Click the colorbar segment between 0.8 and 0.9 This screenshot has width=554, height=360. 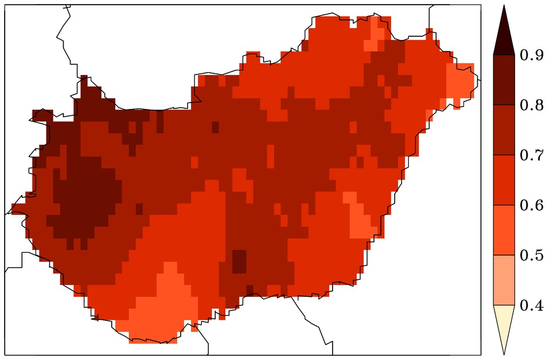(x=504, y=80)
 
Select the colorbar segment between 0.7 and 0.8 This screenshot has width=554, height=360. (x=504, y=130)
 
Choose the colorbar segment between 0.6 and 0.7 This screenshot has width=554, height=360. (x=504, y=180)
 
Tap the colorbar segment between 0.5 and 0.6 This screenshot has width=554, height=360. (x=504, y=230)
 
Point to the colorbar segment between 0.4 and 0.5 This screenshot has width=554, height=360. (x=504, y=280)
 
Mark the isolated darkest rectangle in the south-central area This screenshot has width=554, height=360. (x=239, y=261)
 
